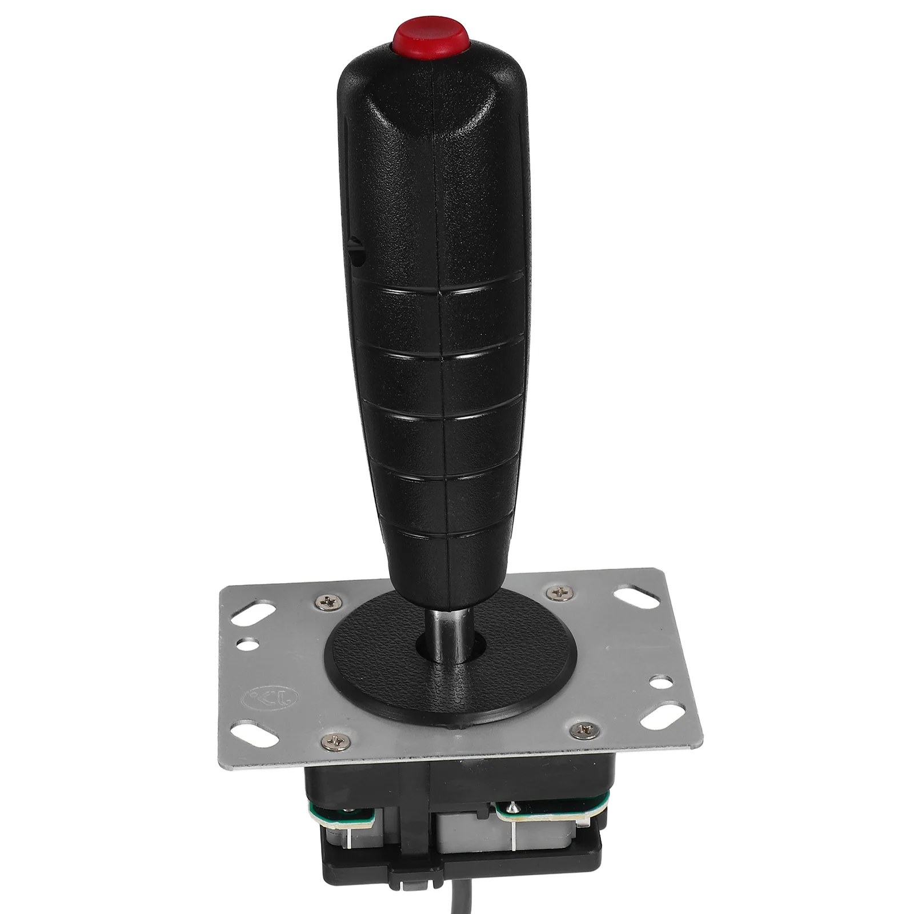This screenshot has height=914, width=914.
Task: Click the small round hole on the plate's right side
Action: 664,681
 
